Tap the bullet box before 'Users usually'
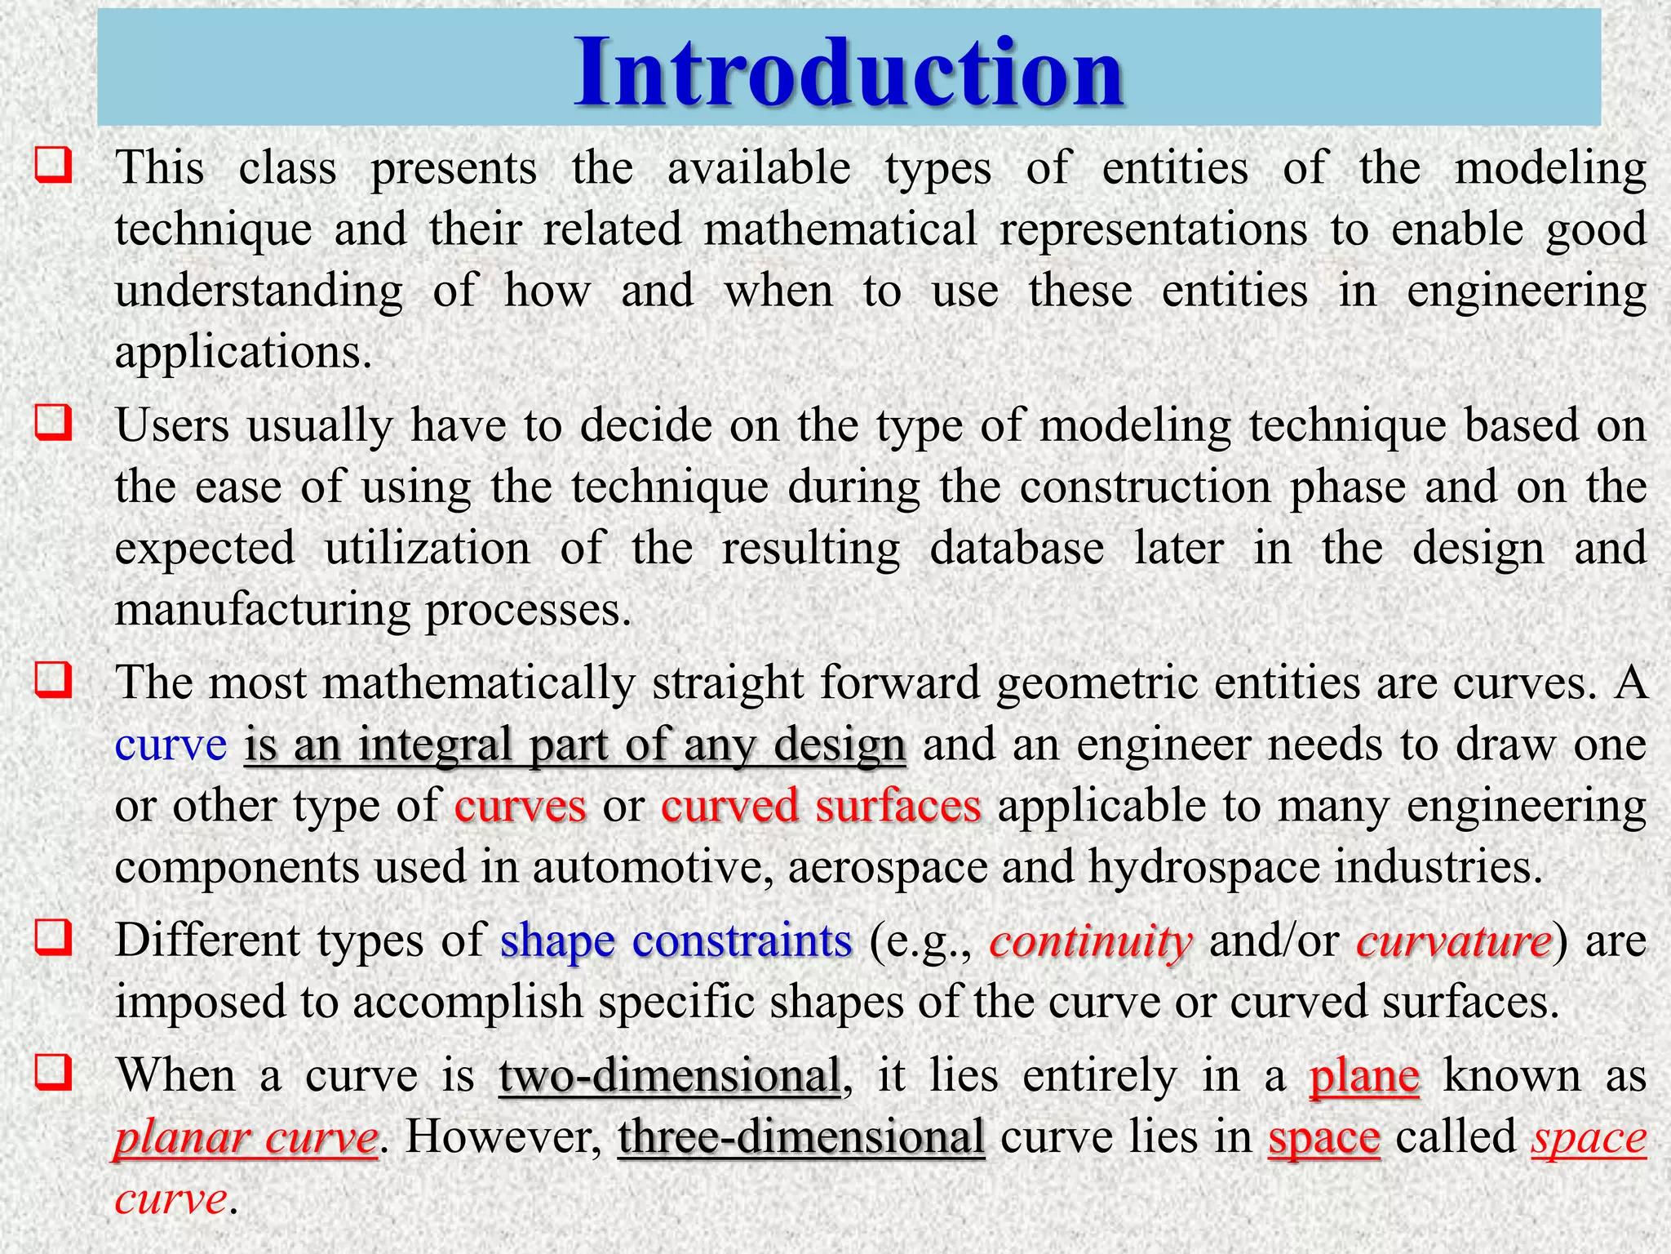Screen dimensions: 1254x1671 (x=53, y=422)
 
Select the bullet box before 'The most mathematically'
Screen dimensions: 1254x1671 (x=53, y=679)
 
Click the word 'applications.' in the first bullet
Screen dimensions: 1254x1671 (x=243, y=353)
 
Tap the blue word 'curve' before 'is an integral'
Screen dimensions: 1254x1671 (x=171, y=745)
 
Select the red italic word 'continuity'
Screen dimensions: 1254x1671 (x=1091, y=941)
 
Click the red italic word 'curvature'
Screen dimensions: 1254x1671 (x=1454, y=941)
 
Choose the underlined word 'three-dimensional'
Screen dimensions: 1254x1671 (x=801, y=1137)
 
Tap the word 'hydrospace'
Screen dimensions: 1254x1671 (x=1203, y=867)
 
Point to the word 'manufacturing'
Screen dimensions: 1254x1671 (x=262, y=610)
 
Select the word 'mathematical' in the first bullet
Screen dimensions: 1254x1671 (x=840, y=229)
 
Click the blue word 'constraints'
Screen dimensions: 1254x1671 (x=742, y=941)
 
